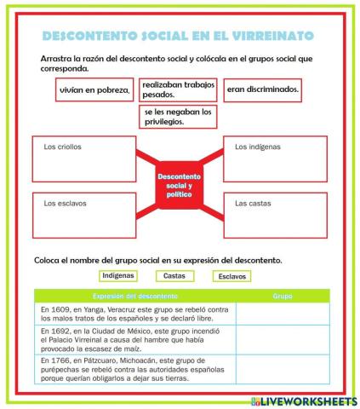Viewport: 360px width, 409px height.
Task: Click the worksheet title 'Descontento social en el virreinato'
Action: coord(177,36)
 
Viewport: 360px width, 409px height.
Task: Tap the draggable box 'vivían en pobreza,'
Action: coord(94,89)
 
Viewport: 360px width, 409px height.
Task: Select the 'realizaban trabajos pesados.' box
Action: coord(178,89)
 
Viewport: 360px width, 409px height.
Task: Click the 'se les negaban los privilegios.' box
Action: coord(178,116)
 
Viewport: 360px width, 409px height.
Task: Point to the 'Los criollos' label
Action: coord(62,147)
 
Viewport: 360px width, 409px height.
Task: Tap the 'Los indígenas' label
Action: coord(257,147)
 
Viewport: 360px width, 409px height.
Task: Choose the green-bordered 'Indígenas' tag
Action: coord(117,275)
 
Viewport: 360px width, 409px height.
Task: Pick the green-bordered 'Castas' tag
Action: coord(174,275)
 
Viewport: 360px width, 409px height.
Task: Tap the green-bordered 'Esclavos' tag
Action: coord(231,276)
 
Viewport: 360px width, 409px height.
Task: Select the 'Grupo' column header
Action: coord(282,295)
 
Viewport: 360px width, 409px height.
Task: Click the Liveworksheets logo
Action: coord(303,400)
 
